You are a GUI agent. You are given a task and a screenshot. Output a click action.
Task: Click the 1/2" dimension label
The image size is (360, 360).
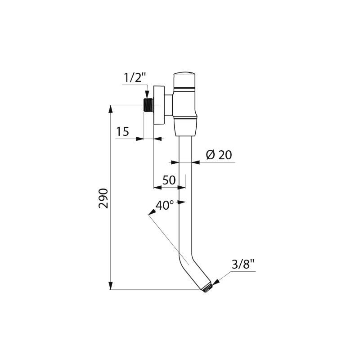(x=135, y=78)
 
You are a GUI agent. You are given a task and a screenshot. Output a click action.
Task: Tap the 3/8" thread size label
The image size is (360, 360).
(x=243, y=265)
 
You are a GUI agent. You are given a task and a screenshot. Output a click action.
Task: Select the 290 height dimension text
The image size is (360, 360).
(x=103, y=198)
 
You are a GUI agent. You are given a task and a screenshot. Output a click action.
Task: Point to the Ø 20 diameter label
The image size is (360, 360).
(x=219, y=155)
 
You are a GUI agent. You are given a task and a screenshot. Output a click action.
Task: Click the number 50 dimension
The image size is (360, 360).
(x=169, y=180)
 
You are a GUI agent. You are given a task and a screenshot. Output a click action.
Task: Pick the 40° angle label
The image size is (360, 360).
(x=165, y=205)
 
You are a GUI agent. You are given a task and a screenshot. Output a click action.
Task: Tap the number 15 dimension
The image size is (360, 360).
(x=122, y=132)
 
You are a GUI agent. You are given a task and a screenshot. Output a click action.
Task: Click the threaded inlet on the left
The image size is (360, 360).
(x=148, y=105)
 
